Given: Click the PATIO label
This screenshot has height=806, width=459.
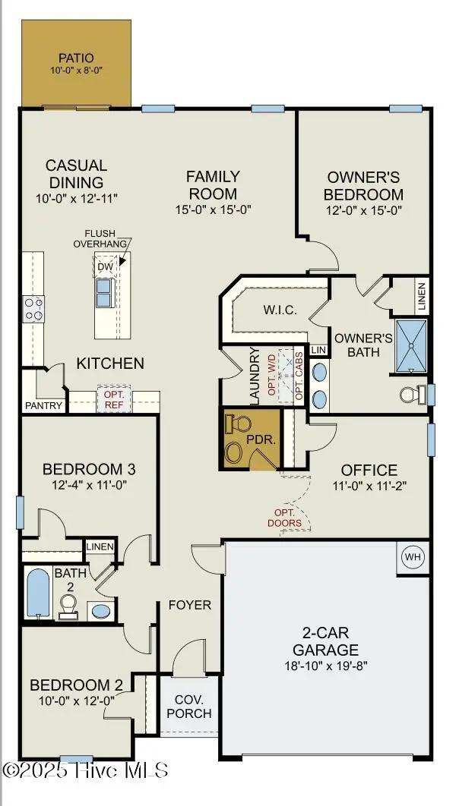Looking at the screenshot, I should [76, 58].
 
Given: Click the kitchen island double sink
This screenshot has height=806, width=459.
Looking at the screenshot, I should [104, 292].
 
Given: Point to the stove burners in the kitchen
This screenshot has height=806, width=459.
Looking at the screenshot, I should [34, 308].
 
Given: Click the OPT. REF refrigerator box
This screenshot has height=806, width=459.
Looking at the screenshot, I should [114, 400].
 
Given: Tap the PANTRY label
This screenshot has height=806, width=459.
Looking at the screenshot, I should [43, 406].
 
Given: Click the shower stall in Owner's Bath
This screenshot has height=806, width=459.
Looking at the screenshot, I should [411, 346].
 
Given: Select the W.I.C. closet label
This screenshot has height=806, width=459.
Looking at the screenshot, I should [279, 310].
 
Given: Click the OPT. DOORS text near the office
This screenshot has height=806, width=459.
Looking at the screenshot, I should [285, 518].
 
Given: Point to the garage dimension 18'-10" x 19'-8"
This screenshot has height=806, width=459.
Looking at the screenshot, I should [328, 666].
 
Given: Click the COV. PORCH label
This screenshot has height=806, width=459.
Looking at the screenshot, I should [192, 706].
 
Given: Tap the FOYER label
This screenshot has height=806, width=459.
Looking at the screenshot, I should [190, 605].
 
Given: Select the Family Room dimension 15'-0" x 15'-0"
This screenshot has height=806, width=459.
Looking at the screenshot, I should [213, 209].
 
